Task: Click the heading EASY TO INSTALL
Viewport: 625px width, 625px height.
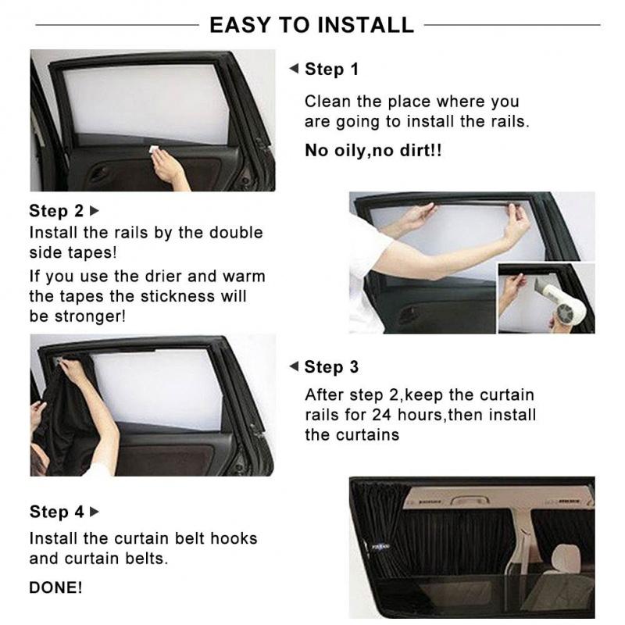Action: [311, 25]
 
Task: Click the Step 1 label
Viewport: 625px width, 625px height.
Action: [331, 70]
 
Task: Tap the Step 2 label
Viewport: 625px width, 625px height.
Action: [56, 211]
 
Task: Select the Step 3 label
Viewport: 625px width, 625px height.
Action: [331, 367]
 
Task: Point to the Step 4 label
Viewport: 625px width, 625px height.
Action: [56, 512]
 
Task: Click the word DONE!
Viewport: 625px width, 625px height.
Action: [55, 587]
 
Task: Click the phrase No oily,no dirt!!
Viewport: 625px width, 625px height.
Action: [373, 150]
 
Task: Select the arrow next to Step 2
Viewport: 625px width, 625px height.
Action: [95, 211]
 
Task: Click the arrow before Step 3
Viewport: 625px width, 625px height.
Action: [294, 367]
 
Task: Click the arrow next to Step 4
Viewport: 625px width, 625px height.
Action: [95, 512]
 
